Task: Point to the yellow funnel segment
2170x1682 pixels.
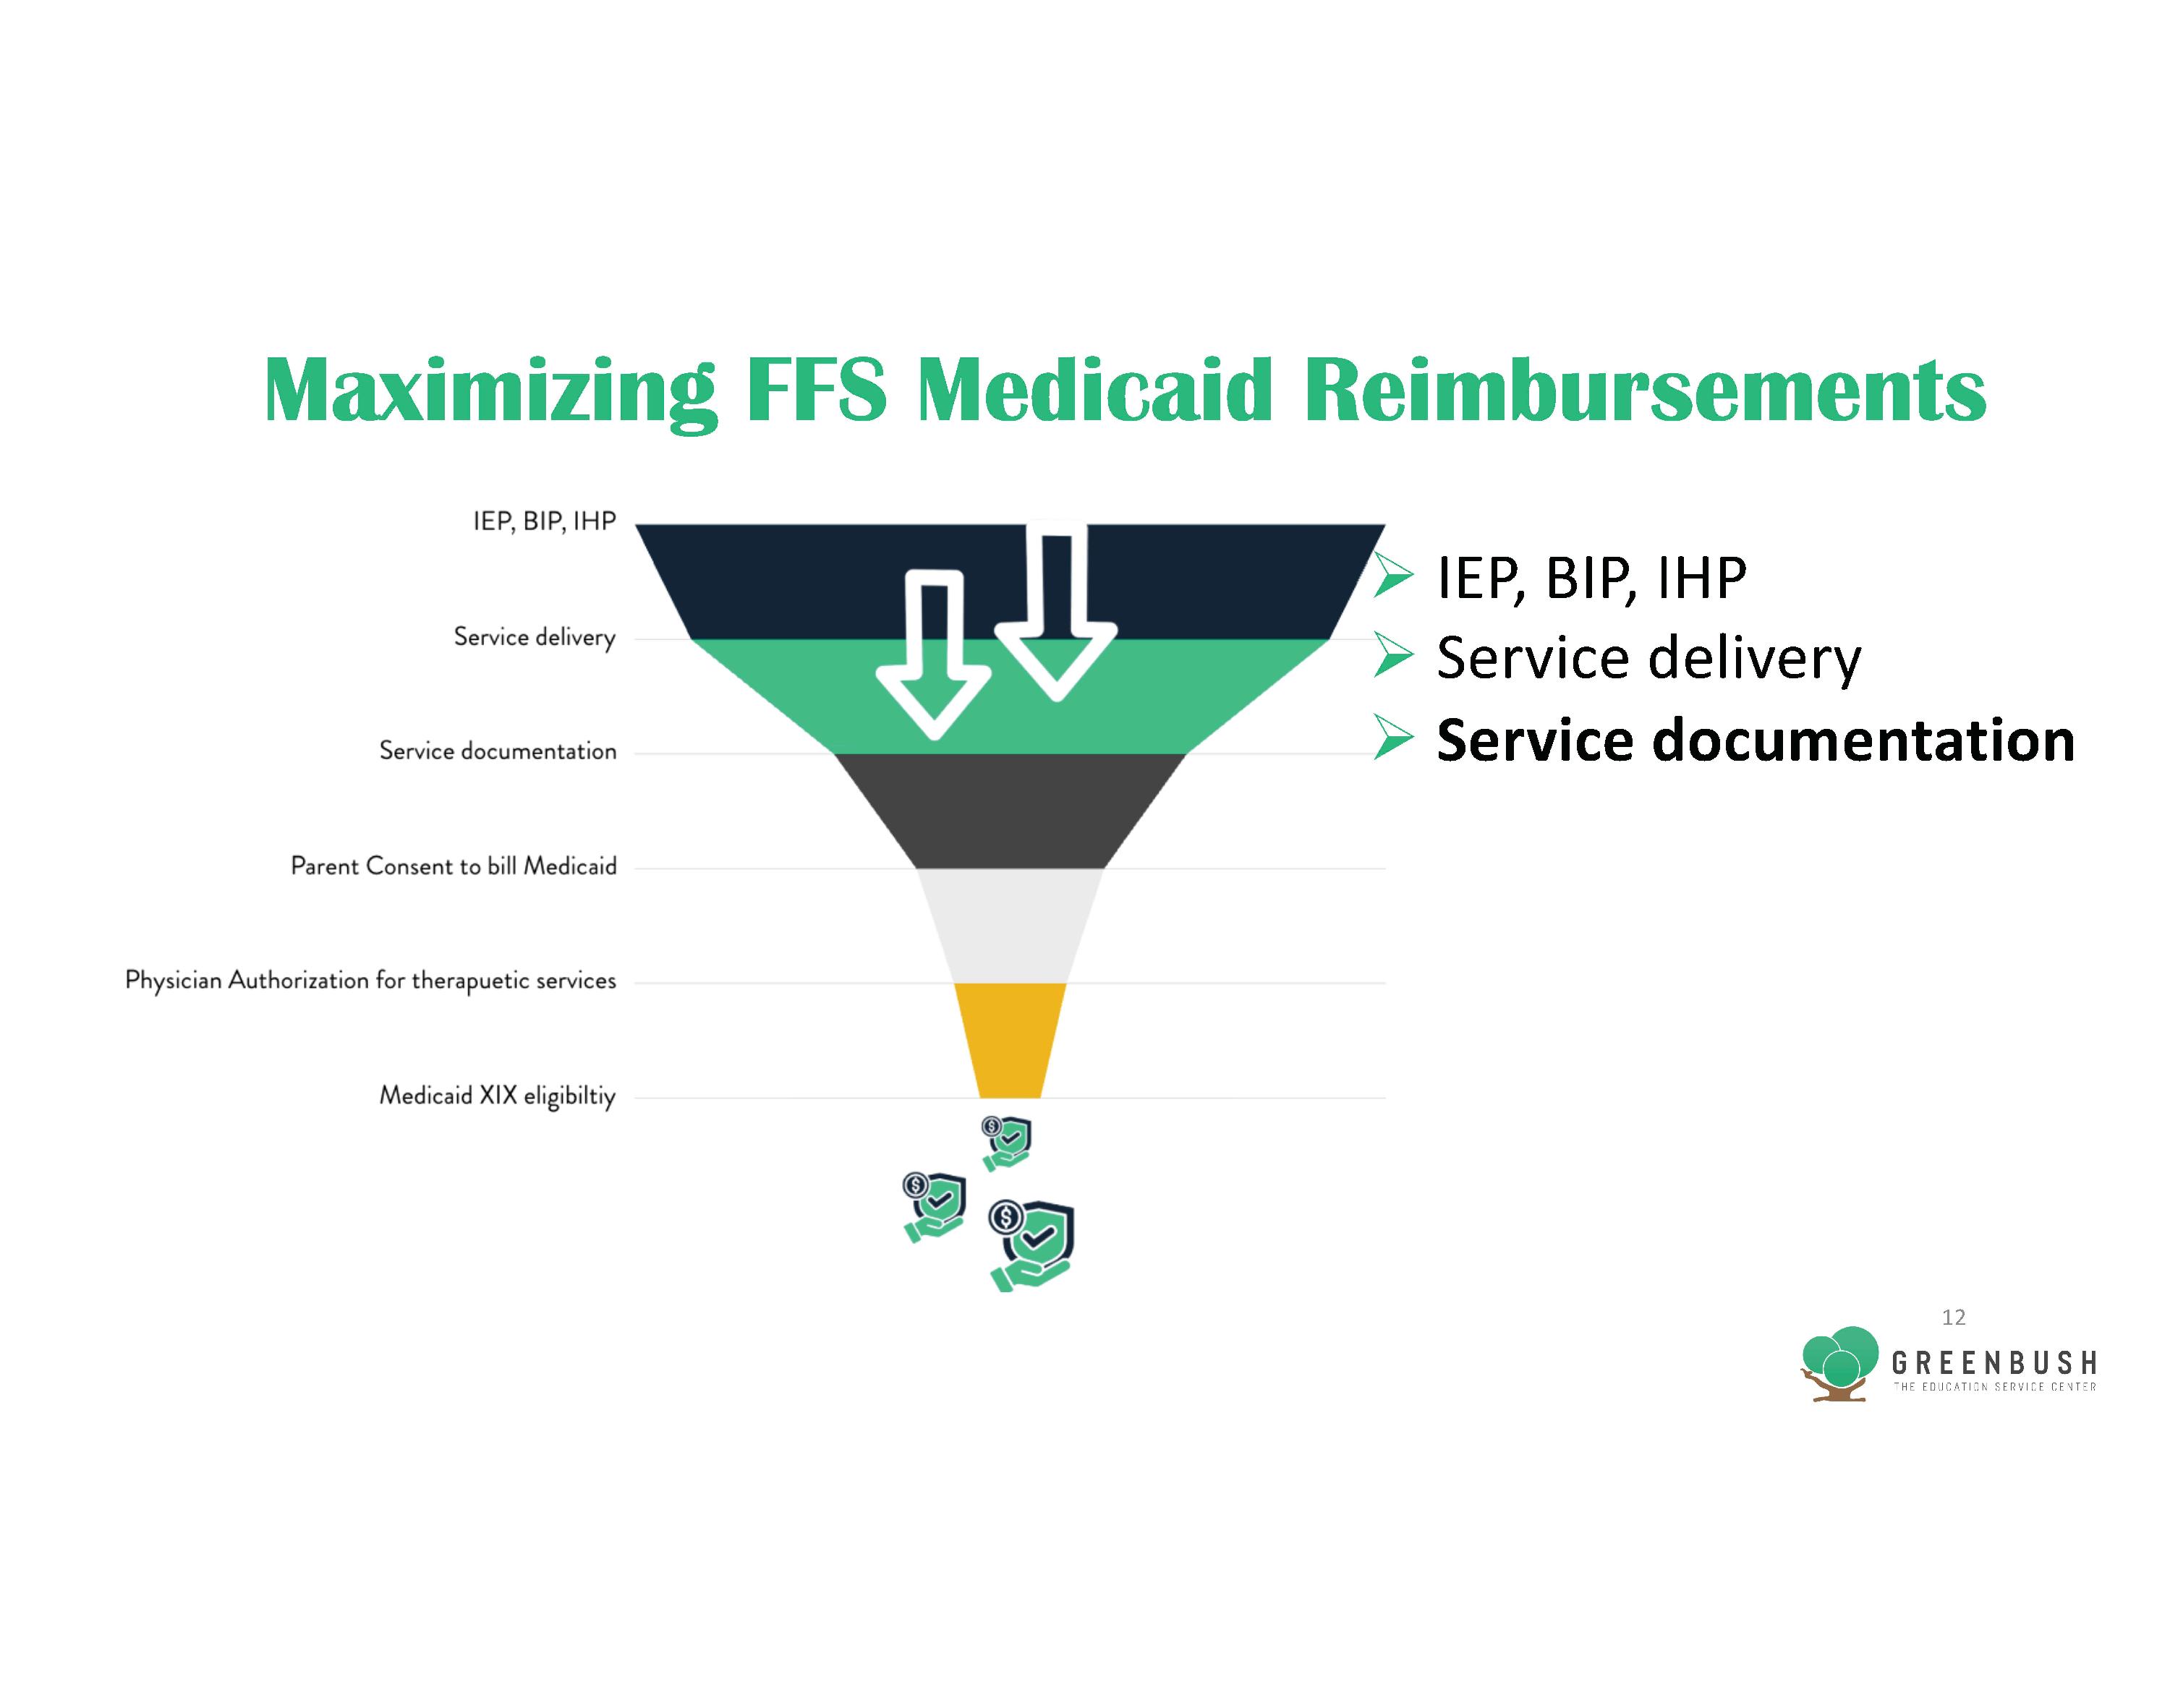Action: [1010, 1040]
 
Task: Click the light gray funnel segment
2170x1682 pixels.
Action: [1010, 926]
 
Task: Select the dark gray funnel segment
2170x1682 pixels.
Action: [1010, 811]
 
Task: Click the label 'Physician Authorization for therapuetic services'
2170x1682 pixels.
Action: [370, 981]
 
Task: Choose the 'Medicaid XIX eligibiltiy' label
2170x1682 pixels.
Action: [498, 1097]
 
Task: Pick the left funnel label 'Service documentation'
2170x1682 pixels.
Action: [498, 751]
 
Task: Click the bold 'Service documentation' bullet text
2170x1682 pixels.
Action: [1756, 741]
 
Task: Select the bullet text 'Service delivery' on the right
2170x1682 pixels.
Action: [1648, 659]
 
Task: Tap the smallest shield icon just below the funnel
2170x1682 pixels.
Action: [1006, 1143]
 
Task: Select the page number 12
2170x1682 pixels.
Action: [1954, 1318]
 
